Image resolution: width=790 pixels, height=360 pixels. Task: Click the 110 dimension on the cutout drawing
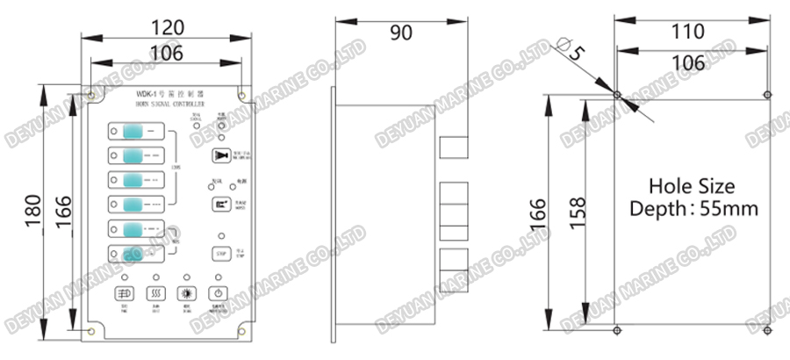click(688, 32)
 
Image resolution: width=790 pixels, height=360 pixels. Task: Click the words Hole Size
click(691, 186)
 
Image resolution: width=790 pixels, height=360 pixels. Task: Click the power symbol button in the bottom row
click(219, 294)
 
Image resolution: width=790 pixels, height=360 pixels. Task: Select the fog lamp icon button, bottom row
click(124, 294)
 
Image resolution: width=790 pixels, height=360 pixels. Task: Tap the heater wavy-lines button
click(155, 294)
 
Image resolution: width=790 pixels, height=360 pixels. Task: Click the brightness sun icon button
click(187, 294)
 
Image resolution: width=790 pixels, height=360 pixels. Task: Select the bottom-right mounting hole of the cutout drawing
click(767, 330)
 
